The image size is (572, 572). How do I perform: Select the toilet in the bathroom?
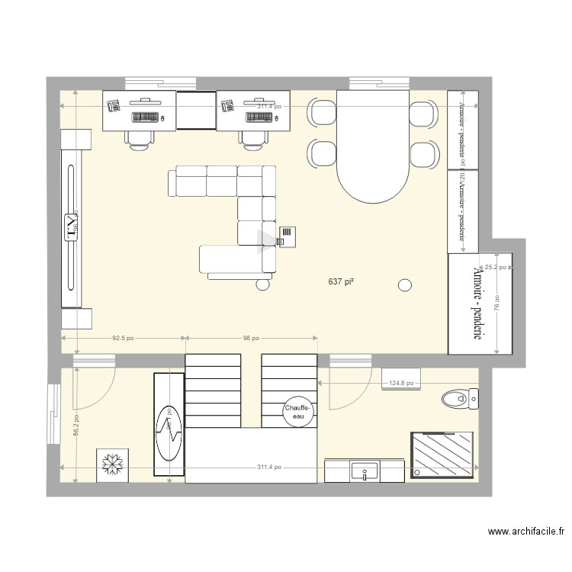click(x=460, y=397)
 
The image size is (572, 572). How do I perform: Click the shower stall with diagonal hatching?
click(x=442, y=455)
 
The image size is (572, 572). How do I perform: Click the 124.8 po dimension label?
click(x=401, y=384)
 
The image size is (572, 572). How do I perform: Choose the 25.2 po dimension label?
click(x=496, y=268)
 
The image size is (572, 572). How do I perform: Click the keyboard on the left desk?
click(x=145, y=117)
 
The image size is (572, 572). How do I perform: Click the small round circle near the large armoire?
click(x=404, y=285)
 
